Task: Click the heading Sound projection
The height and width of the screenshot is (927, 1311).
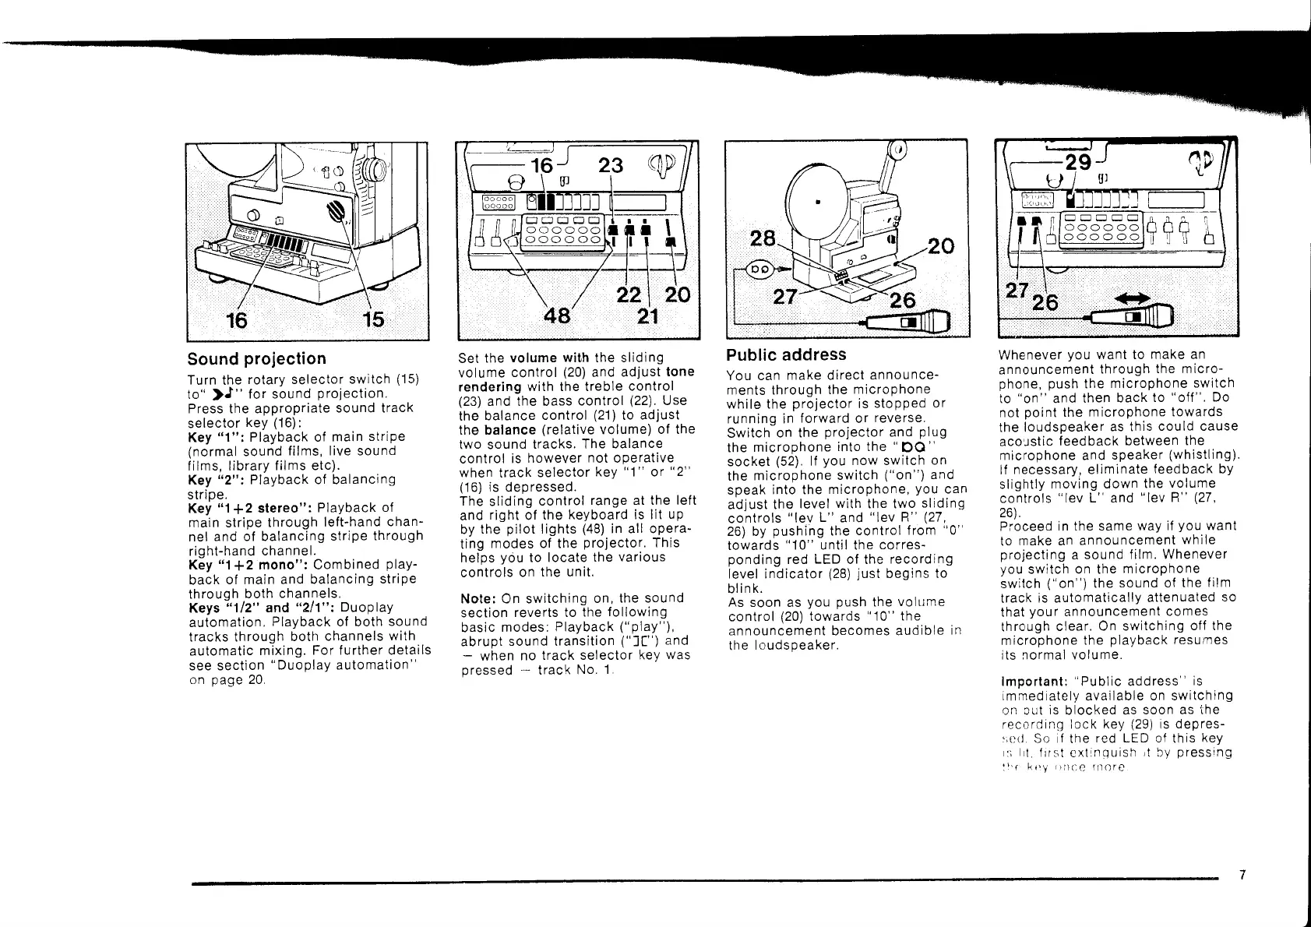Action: (257, 359)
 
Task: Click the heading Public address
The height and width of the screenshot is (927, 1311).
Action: (786, 355)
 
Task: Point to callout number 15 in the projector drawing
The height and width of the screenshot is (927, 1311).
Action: (375, 319)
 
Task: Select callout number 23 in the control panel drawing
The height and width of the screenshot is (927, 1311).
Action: (611, 165)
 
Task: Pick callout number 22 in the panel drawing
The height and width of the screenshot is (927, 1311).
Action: (628, 296)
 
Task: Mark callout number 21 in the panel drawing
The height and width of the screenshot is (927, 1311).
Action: (648, 316)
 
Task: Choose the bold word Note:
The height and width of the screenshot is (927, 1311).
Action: (478, 598)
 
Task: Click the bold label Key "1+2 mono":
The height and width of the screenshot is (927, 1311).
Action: (239, 564)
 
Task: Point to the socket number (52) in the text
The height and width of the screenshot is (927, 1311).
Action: (782, 461)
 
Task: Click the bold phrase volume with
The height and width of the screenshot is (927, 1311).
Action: (549, 358)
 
